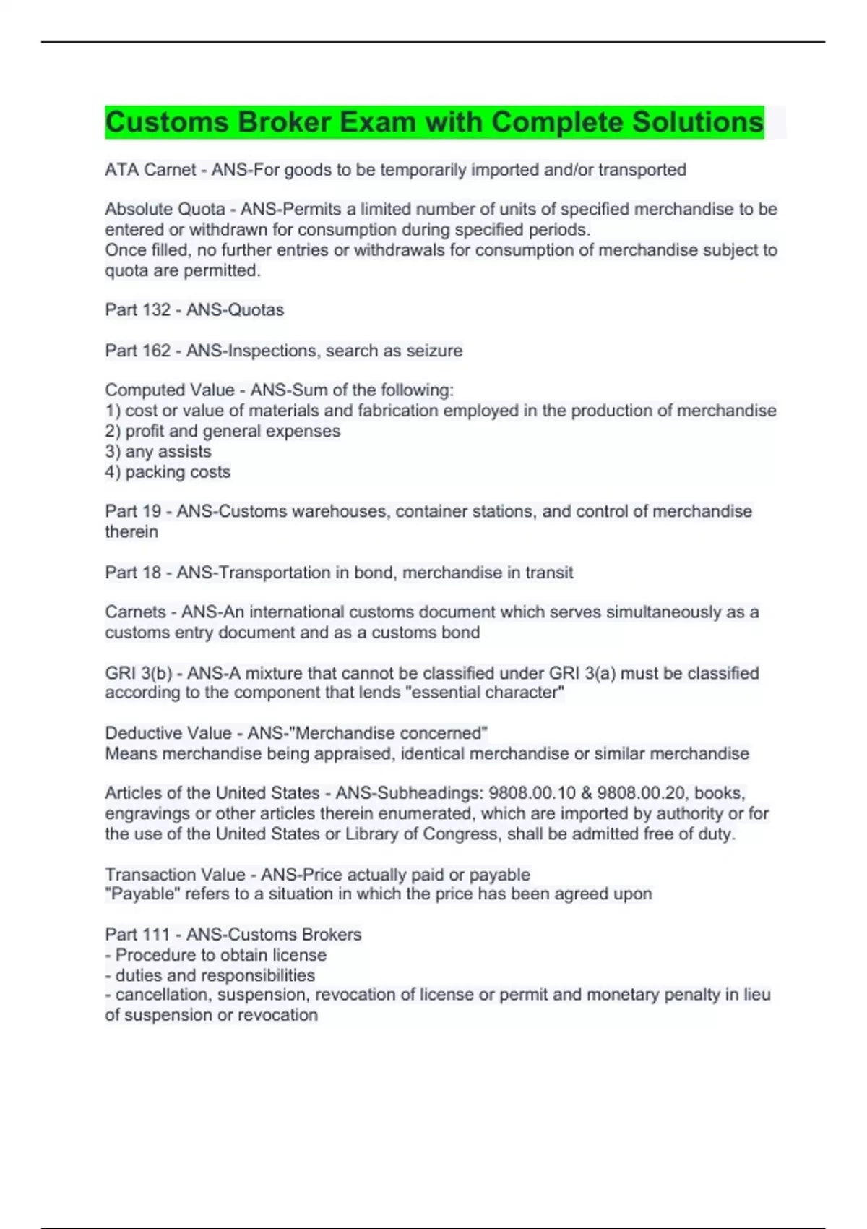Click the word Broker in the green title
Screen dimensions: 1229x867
[284, 122]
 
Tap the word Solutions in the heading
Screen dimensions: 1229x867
[697, 122]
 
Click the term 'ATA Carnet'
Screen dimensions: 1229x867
[150, 170]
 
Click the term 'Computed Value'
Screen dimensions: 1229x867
[170, 390]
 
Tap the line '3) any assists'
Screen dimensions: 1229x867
[158, 452]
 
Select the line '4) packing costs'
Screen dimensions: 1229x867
[168, 472]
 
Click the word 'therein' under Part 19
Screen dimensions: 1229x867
[131, 532]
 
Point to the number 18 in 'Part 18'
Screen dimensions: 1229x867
[152, 573]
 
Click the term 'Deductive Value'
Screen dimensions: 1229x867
[168, 733]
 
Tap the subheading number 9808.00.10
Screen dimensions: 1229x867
[531, 793]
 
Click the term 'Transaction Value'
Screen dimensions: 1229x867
[175, 875]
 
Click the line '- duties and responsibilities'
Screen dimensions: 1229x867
[210, 975]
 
